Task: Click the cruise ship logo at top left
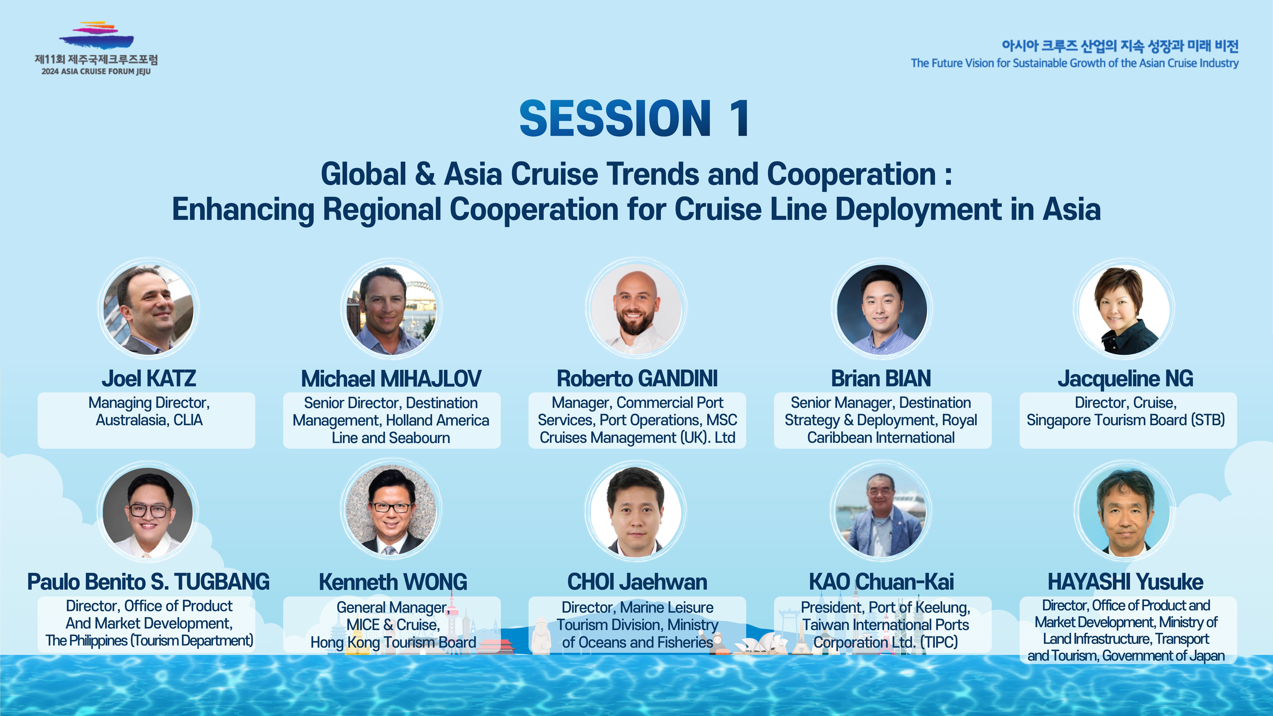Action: coord(96,36)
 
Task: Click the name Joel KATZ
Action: coord(149,378)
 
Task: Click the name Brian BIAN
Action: coord(881,378)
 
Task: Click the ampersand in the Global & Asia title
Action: coord(425,175)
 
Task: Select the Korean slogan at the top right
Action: coord(1120,46)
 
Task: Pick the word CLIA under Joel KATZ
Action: coord(188,420)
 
